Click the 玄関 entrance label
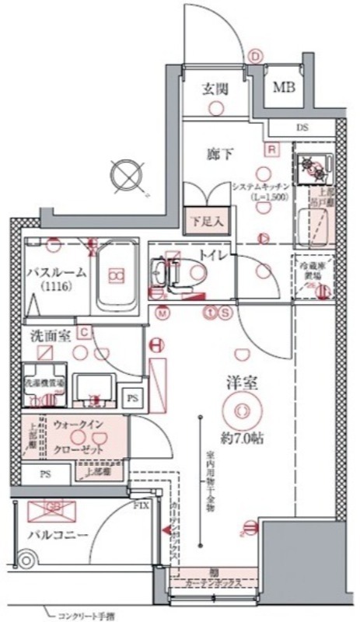[x=215, y=89]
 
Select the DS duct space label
[x=301, y=128]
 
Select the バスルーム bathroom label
[x=57, y=274]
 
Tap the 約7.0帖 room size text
[x=242, y=437]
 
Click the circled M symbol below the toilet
[x=163, y=314]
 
